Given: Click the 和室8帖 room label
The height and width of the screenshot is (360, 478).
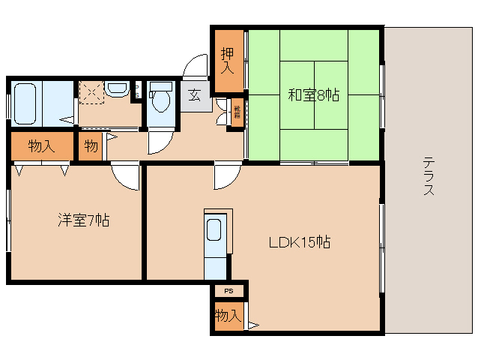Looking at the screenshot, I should tap(314, 95).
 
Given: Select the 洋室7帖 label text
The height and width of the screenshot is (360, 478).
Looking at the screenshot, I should tap(84, 220).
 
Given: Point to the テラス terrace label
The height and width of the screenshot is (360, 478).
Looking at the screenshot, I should tap(429, 176).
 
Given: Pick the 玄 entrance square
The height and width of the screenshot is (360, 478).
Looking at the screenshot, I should tap(194, 95).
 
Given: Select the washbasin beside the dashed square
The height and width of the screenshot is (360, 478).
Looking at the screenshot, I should tap(117, 89).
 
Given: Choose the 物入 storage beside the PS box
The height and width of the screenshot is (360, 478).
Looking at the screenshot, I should tap(227, 315).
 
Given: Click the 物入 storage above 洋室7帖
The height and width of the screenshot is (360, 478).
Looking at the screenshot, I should tap(42, 145).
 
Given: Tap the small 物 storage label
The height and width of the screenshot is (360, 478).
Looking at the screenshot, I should tap(91, 145).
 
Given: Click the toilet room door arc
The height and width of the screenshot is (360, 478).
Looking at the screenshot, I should tap(160, 141).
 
